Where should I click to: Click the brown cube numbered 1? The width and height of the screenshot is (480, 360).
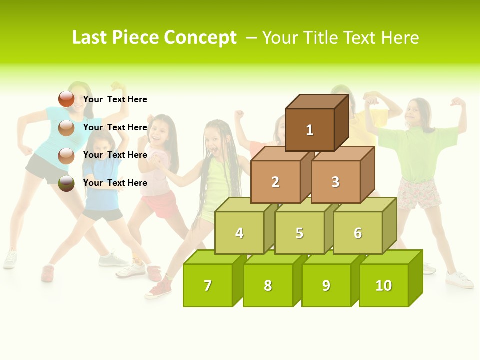(310, 130)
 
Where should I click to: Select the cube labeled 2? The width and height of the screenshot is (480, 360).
(275, 182)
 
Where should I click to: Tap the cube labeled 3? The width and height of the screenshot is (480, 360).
(335, 182)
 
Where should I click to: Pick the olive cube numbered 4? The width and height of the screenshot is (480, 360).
(239, 233)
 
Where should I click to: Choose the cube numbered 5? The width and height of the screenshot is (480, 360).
(299, 233)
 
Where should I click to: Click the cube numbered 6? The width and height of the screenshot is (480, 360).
(358, 233)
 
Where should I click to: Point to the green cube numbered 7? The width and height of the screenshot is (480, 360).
(208, 285)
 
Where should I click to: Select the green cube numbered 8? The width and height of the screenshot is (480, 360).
(268, 285)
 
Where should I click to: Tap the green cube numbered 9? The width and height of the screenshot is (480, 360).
(326, 285)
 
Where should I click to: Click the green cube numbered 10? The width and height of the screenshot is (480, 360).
(384, 285)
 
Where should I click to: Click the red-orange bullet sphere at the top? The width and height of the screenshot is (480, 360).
(66, 99)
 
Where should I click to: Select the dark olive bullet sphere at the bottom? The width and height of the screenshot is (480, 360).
(66, 183)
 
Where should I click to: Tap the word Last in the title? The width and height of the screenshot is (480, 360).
(90, 38)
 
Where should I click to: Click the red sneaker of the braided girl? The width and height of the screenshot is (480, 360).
(158, 290)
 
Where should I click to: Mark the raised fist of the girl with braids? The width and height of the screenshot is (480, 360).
(239, 115)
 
